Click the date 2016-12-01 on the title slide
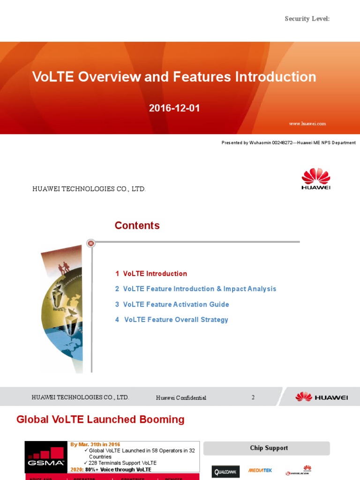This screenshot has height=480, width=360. point(174,108)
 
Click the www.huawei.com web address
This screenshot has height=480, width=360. point(307,124)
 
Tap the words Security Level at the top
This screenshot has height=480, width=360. point(307,19)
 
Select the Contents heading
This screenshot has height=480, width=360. point(137,225)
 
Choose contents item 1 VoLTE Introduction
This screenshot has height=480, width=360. point(151,274)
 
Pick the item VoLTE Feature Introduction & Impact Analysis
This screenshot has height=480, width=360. point(195,289)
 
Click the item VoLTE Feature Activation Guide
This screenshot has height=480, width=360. point(172,304)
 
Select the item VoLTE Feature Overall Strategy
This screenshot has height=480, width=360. point(172,320)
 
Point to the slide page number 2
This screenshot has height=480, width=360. point(253,397)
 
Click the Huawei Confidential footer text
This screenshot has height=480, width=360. point(181,398)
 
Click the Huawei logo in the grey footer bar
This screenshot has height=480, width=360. point(322,397)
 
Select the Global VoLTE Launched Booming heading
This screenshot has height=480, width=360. point(100,420)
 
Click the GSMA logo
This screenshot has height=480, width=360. point(46,457)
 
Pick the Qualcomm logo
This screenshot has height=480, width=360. point(225,471)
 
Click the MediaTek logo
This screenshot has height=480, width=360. point(260,470)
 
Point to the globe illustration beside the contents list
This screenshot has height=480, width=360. point(63,309)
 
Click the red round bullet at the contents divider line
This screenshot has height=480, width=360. point(91,243)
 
